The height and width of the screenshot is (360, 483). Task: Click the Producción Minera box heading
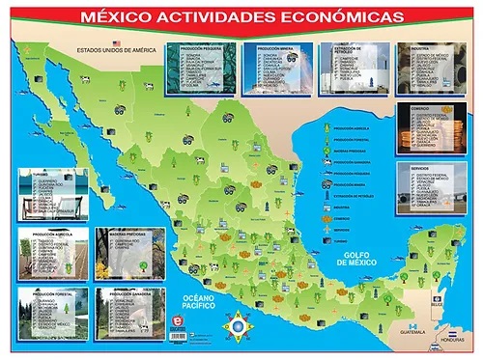(x=272, y=46)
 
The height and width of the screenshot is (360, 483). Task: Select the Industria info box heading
(x=420, y=46)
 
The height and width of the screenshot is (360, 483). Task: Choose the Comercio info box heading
(x=420, y=110)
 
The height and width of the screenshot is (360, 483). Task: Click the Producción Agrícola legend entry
(x=350, y=126)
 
